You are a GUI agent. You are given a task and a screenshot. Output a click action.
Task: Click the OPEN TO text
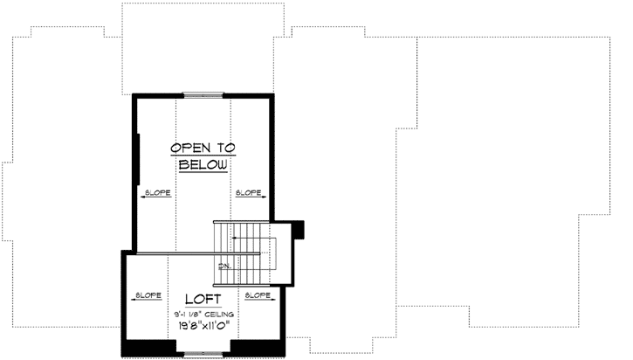pos(203,148)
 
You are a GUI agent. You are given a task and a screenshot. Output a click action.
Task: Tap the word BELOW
pos(203,164)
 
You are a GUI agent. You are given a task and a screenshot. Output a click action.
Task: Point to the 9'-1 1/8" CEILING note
pos(203,313)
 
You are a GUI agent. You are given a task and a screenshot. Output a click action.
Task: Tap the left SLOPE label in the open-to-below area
pos(156,191)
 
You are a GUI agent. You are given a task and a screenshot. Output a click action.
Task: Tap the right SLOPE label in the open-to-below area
pos(247,191)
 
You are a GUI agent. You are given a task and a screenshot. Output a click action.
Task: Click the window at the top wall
pos(203,93)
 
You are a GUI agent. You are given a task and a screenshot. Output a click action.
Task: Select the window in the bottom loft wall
pos(203,353)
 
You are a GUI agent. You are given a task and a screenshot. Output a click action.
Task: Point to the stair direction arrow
pos(253,237)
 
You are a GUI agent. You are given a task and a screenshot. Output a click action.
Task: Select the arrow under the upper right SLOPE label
pos(247,198)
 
